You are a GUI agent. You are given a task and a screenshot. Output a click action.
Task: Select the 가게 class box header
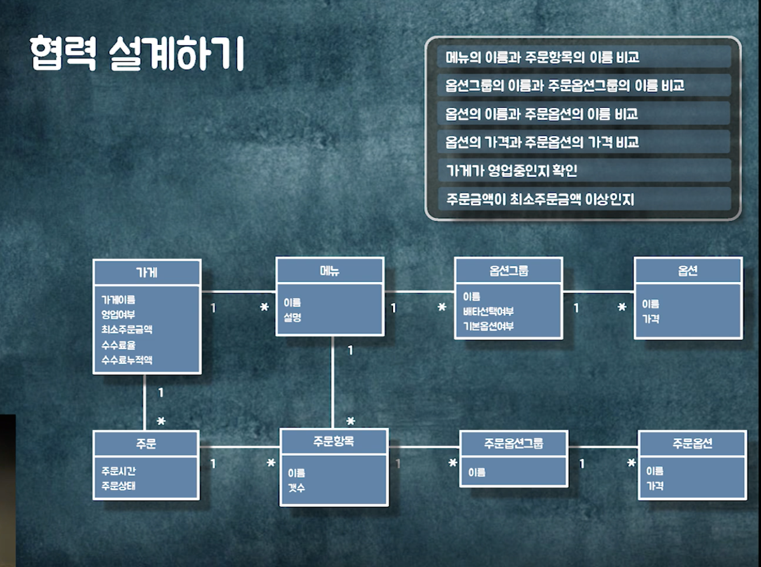[147, 273]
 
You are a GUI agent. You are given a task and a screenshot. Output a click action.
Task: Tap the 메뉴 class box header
[329, 270]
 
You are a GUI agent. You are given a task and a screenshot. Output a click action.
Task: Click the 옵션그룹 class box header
[509, 270]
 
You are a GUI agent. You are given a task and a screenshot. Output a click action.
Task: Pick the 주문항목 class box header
[334, 441]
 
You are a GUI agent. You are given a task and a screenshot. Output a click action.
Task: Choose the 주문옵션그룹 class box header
[513, 443]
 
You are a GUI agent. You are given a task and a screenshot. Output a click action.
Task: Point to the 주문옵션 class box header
[692, 443]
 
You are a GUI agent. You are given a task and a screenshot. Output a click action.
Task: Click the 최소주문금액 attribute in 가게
[127, 329]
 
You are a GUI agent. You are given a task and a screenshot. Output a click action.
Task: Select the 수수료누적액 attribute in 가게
[127, 360]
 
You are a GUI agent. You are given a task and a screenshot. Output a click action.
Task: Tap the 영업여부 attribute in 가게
[118, 315]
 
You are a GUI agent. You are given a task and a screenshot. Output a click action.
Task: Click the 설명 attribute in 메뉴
[293, 318]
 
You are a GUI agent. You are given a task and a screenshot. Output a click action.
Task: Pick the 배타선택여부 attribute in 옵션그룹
[488, 311]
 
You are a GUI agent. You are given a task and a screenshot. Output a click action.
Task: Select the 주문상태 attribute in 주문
[119, 486]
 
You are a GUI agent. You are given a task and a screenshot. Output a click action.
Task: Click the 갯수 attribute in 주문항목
[296, 488]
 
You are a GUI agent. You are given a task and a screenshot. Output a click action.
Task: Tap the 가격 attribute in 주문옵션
[655, 486]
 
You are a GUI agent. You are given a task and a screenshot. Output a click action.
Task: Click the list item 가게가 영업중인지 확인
[511, 171]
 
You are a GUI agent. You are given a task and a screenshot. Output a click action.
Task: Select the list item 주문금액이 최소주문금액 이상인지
[540, 199]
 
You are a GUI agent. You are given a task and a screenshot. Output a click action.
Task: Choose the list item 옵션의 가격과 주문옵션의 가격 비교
[542, 142]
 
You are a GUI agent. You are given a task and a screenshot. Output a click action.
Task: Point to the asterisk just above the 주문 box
[161, 421]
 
